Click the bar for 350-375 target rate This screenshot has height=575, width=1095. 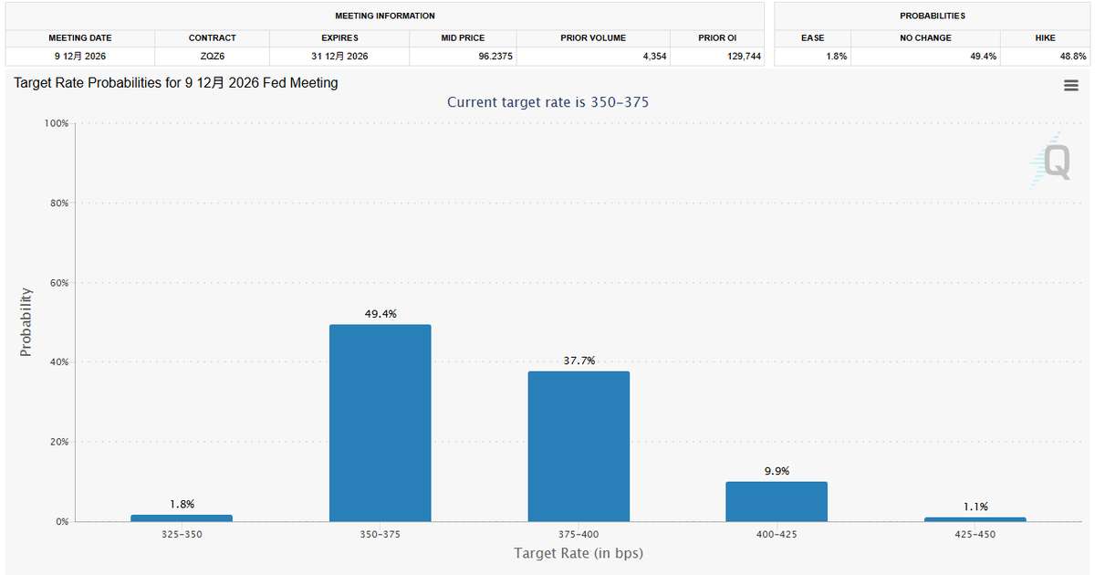tap(380, 423)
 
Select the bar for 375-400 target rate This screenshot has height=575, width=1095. tap(579, 446)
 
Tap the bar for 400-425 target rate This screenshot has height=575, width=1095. tap(777, 502)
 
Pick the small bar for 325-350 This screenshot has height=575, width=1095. tap(182, 518)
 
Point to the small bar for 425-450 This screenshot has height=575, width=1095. tap(975, 519)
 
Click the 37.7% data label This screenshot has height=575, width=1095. tap(579, 361)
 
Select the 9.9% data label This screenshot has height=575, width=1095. tap(777, 471)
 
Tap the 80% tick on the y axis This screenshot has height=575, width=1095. tap(59, 203)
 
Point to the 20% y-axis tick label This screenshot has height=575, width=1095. tap(59, 442)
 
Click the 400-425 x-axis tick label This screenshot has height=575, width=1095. tap(777, 535)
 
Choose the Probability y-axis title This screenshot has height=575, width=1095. tap(26, 322)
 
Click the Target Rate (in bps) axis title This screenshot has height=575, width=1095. tap(579, 553)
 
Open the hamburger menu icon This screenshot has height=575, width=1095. tap(1071, 86)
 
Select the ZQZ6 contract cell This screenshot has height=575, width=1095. tap(212, 57)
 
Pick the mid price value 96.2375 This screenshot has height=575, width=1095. tap(495, 57)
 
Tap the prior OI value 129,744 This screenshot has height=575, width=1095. tap(744, 57)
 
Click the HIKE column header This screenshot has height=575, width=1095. tap(1045, 37)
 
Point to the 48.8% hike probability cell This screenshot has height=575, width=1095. tap(1072, 57)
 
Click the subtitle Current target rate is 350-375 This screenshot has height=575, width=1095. tap(547, 102)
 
